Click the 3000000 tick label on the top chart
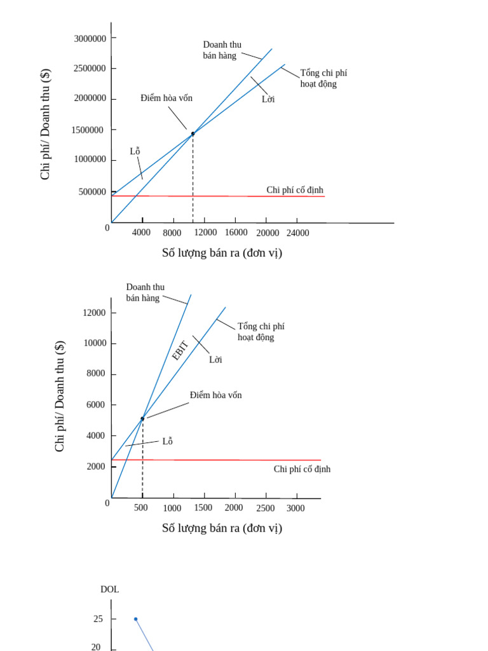pyautogui.click(x=90, y=38)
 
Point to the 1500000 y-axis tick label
pyautogui.click(x=90, y=130)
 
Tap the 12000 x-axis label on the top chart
pyautogui.click(x=206, y=233)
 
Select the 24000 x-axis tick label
pyautogui.click(x=297, y=233)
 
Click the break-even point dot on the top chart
pyautogui.click(x=193, y=134)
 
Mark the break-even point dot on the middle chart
pyautogui.click(x=142, y=418)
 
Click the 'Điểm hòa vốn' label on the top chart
pyautogui.click(x=166, y=98)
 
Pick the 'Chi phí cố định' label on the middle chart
pyautogui.click(x=302, y=469)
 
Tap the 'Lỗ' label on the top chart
pyautogui.click(x=135, y=151)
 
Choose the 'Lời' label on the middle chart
pyautogui.click(x=215, y=360)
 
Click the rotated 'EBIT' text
pyautogui.click(x=180, y=351)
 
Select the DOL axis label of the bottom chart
pyautogui.click(x=110, y=589)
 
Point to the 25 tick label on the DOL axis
pyautogui.click(x=98, y=619)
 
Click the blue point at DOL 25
pyautogui.click(x=135, y=619)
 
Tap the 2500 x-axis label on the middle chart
pyautogui.click(x=266, y=509)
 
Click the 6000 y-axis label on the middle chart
pyautogui.click(x=95, y=404)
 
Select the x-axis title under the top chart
pyautogui.click(x=222, y=253)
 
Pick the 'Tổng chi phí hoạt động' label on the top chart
pyautogui.click(x=323, y=78)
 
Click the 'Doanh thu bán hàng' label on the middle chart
pyautogui.click(x=145, y=292)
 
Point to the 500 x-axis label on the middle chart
pyautogui.click(x=141, y=508)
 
